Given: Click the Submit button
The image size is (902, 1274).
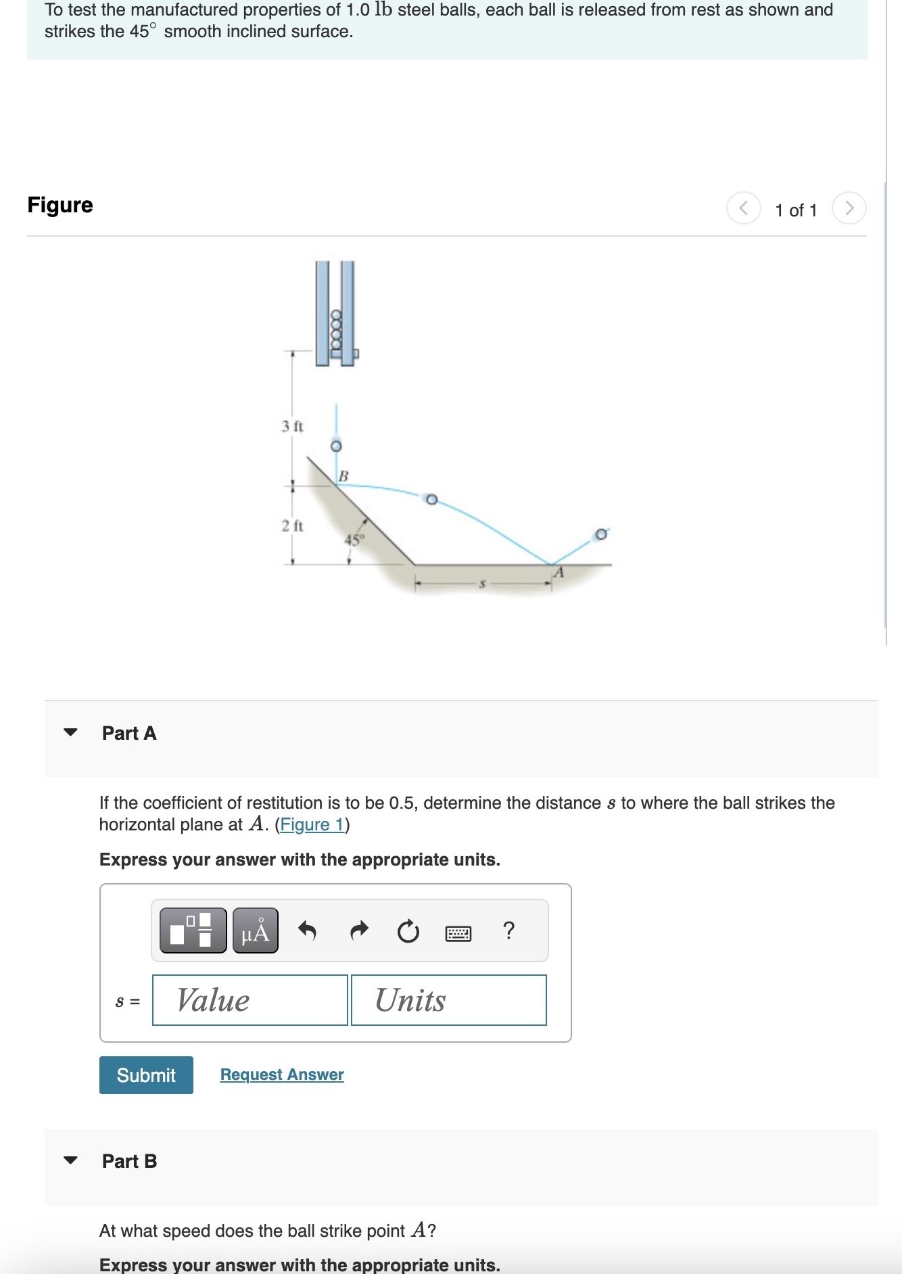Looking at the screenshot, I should [x=146, y=1075].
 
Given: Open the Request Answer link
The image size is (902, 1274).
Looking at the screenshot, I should [x=282, y=1075].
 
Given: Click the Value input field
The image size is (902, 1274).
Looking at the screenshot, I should [x=250, y=1000].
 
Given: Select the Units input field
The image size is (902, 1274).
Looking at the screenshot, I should [x=448, y=1000].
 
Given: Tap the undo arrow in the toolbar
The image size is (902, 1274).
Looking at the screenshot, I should [x=307, y=931].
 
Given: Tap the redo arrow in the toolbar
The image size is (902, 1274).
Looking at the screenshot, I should [x=359, y=931].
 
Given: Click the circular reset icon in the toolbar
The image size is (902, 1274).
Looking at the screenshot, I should [x=408, y=932].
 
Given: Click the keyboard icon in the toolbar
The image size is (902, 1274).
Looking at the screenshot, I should [x=458, y=934].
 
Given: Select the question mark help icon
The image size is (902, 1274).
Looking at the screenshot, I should [x=509, y=930].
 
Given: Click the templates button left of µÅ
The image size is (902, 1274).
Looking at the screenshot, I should [x=193, y=930].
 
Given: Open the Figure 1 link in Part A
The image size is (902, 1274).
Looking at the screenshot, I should [x=312, y=825].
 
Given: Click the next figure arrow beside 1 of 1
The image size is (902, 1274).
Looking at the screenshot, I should [x=849, y=208].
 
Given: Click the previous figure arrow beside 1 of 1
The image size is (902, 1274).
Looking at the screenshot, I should [x=743, y=208].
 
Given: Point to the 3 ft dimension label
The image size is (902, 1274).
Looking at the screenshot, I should [x=292, y=426].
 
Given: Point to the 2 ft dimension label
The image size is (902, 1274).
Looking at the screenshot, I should [x=292, y=525].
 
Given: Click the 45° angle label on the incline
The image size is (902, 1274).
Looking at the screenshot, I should [x=354, y=540].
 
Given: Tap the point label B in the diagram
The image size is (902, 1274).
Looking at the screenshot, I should [x=343, y=476].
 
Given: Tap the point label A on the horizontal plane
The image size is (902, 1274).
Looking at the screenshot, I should [x=559, y=573].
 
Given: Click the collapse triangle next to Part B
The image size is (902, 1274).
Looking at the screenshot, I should [x=70, y=1160].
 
